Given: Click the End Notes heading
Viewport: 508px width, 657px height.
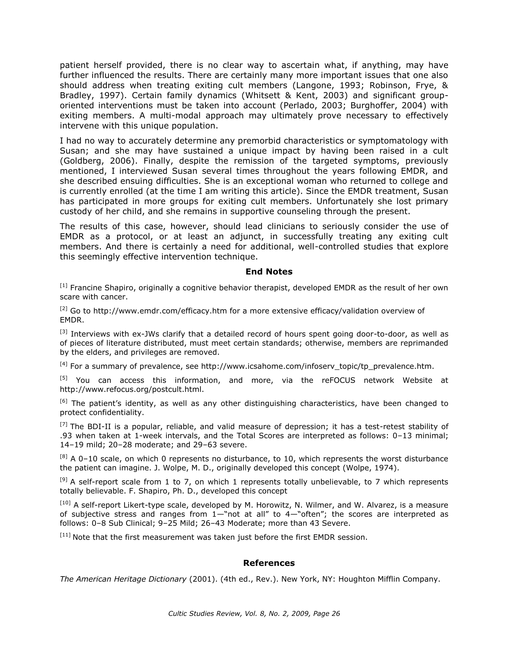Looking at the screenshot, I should point(269,272).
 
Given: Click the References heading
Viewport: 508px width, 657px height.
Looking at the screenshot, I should point(269,563).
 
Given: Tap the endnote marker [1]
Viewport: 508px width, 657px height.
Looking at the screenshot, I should point(63,285).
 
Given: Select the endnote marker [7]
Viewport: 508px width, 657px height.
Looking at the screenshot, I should point(63,424).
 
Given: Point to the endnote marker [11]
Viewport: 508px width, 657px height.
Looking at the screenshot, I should point(65,535).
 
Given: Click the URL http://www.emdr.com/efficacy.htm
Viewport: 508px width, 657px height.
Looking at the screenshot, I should point(160,311).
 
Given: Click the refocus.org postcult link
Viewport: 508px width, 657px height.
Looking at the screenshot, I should point(131,389).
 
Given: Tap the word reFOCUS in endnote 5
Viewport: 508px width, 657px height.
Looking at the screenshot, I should point(338,380).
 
